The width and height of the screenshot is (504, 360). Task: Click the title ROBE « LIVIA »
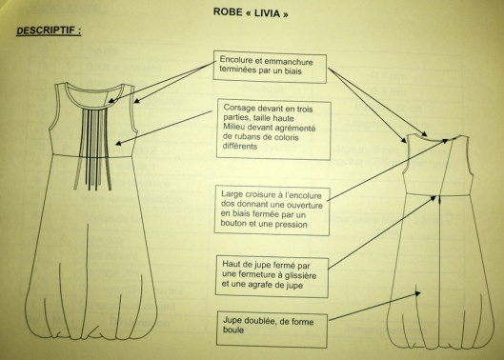251,13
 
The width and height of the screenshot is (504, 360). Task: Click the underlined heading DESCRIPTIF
49,30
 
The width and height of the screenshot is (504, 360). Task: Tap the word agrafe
264,285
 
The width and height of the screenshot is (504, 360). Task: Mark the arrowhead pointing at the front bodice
118,143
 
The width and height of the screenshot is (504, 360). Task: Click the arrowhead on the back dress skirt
417,293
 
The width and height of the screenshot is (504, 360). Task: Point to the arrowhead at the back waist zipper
433,198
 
